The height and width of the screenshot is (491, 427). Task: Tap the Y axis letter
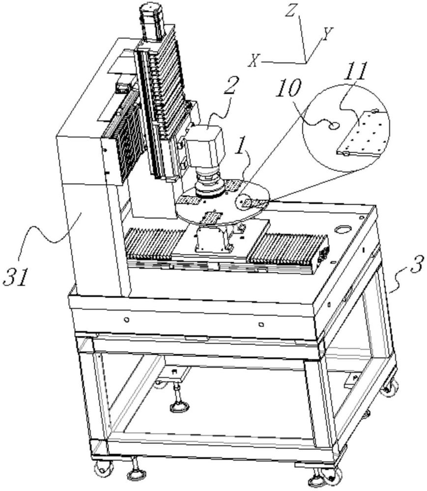point(327,34)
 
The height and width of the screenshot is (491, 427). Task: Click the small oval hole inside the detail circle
point(334,126)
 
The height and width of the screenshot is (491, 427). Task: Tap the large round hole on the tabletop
point(342,229)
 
